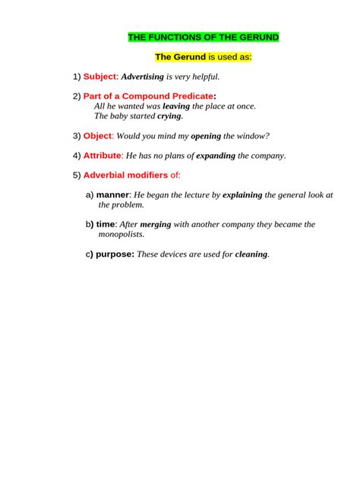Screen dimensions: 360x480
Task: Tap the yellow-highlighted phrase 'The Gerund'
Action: tap(180, 57)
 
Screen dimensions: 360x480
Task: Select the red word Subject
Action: tap(99, 77)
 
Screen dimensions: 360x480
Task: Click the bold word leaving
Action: tap(176, 107)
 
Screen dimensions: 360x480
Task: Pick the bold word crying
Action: tap(169, 117)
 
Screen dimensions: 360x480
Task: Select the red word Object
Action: tap(97, 136)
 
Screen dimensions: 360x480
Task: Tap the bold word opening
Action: tap(205, 136)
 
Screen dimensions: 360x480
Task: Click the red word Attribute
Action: tap(102, 156)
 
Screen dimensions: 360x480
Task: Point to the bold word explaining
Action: tap(242, 195)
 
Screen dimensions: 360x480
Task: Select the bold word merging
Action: tap(156, 225)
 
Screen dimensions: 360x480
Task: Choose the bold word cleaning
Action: tap(251, 254)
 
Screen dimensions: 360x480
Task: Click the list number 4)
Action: tap(77, 156)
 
